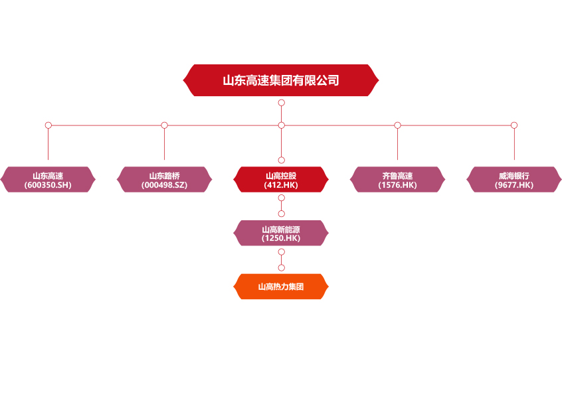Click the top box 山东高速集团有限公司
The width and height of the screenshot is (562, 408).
(x=281, y=80)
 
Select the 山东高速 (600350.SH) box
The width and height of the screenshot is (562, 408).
(x=48, y=180)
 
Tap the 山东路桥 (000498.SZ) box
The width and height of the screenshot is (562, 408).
(x=164, y=180)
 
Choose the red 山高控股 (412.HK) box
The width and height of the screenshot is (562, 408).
(x=281, y=180)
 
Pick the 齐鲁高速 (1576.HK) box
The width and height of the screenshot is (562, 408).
(x=397, y=180)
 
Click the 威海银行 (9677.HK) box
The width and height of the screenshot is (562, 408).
(x=514, y=180)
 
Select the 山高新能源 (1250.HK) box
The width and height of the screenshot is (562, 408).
(x=281, y=233)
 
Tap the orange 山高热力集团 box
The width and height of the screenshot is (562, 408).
(x=281, y=287)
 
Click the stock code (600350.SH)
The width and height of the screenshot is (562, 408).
(x=48, y=185)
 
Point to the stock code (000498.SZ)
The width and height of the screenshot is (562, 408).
(x=164, y=185)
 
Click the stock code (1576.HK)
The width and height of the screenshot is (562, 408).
(x=397, y=185)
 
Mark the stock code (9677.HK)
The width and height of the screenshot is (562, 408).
(x=514, y=185)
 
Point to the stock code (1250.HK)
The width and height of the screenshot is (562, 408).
(x=281, y=238)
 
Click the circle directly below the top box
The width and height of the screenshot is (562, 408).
(x=282, y=103)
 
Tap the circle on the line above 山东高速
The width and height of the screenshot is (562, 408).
(x=48, y=125)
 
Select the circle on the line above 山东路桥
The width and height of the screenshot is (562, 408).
(x=164, y=125)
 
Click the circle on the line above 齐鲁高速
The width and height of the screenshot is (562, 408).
(x=397, y=125)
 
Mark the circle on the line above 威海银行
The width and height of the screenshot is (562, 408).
(x=514, y=125)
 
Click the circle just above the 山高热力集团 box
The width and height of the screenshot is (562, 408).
(x=282, y=267)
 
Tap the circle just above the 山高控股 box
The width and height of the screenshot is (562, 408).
(x=282, y=160)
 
